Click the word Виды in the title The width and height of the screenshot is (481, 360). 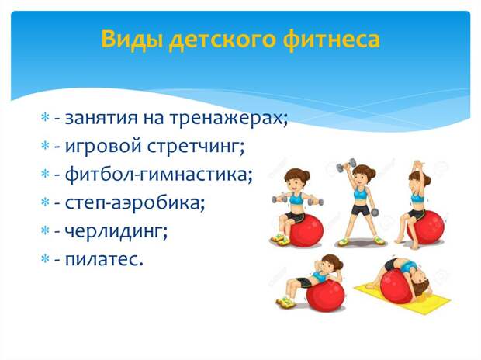tap(132, 40)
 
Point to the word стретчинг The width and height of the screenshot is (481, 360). tap(196, 147)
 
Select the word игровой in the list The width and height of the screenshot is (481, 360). tap(103, 146)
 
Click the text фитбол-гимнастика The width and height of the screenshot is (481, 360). tap(159, 175)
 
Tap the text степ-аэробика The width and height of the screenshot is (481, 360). tap(135, 202)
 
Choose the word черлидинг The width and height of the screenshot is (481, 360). tap(116, 231)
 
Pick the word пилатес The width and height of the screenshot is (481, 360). tap(104, 259)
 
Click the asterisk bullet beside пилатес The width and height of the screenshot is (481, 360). tap(45, 258)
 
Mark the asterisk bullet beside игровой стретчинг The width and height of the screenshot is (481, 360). tap(45, 145)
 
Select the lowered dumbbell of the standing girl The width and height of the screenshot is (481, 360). tap(375, 212)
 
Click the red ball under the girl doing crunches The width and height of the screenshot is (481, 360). tap(326, 296)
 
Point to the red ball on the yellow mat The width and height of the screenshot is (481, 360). tap(396, 285)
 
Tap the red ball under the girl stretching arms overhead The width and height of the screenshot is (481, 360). tap(426, 227)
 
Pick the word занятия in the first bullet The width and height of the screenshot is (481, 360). tap(102, 118)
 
